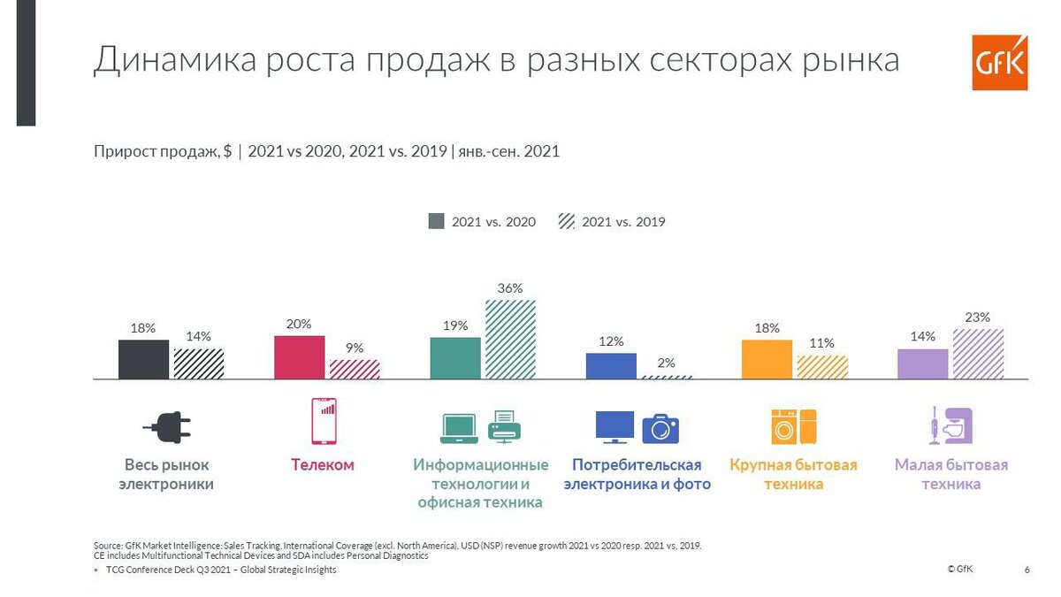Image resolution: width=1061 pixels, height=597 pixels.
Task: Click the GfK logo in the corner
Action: click(x=999, y=63)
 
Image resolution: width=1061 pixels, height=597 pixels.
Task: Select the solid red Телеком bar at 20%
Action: click(x=300, y=357)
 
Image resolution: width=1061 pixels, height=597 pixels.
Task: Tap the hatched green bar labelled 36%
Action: click(x=510, y=340)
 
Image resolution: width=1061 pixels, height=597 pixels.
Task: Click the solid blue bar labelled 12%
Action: click(x=611, y=366)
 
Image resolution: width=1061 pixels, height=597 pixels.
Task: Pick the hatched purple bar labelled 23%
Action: click(x=978, y=354)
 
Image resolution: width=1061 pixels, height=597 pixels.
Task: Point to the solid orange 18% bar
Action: click(x=767, y=359)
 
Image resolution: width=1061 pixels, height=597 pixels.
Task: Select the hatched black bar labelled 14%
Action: click(x=199, y=364)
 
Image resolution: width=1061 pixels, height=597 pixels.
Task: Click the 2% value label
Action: click(x=666, y=363)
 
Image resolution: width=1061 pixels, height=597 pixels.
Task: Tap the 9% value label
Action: click(x=355, y=348)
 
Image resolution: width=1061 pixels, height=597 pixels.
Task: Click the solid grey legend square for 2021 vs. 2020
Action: click(x=436, y=221)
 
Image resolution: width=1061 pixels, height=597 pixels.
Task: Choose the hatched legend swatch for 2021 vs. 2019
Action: click(x=566, y=221)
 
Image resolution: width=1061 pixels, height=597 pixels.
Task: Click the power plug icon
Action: click(x=166, y=429)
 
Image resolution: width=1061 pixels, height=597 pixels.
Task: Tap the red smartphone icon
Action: click(x=324, y=421)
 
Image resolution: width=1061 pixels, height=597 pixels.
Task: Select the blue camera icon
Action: click(x=660, y=428)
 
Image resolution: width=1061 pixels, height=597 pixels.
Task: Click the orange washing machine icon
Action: click(x=783, y=426)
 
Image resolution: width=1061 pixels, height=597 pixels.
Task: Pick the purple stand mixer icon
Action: click(x=951, y=425)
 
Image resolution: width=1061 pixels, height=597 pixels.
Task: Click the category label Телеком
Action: click(x=323, y=465)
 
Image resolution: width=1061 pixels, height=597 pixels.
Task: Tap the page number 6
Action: click(x=1027, y=570)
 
